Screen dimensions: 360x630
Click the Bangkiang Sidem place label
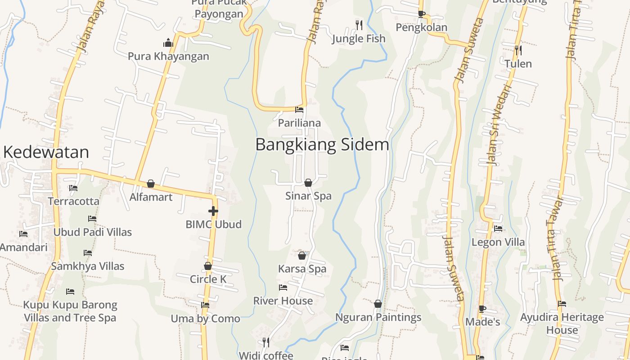[x=322, y=145]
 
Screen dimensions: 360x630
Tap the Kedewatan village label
[x=46, y=152]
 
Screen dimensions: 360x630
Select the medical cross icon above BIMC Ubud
[x=213, y=211]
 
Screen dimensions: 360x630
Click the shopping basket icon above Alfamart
[x=151, y=184]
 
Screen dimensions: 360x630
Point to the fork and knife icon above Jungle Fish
[x=359, y=25]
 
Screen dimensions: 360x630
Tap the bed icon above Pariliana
[x=299, y=109]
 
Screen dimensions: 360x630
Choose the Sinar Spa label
[x=308, y=196]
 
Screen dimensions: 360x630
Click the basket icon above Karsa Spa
[x=302, y=256]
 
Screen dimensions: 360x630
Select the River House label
[x=283, y=301]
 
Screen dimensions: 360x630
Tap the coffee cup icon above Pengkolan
[x=422, y=14]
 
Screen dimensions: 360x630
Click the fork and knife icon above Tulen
[x=518, y=50]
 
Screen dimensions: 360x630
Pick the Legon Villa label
[x=498, y=242]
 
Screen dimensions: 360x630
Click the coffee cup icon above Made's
[x=482, y=309]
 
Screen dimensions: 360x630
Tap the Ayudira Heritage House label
[x=562, y=324]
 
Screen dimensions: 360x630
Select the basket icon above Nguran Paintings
[x=378, y=304]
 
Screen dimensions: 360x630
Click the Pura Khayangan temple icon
[x=168, y=43]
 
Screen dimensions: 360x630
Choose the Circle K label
[x=208, y=279]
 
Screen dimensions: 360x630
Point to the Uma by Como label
[x=205, y=319]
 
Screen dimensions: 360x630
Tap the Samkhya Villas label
[x=87, y=266]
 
